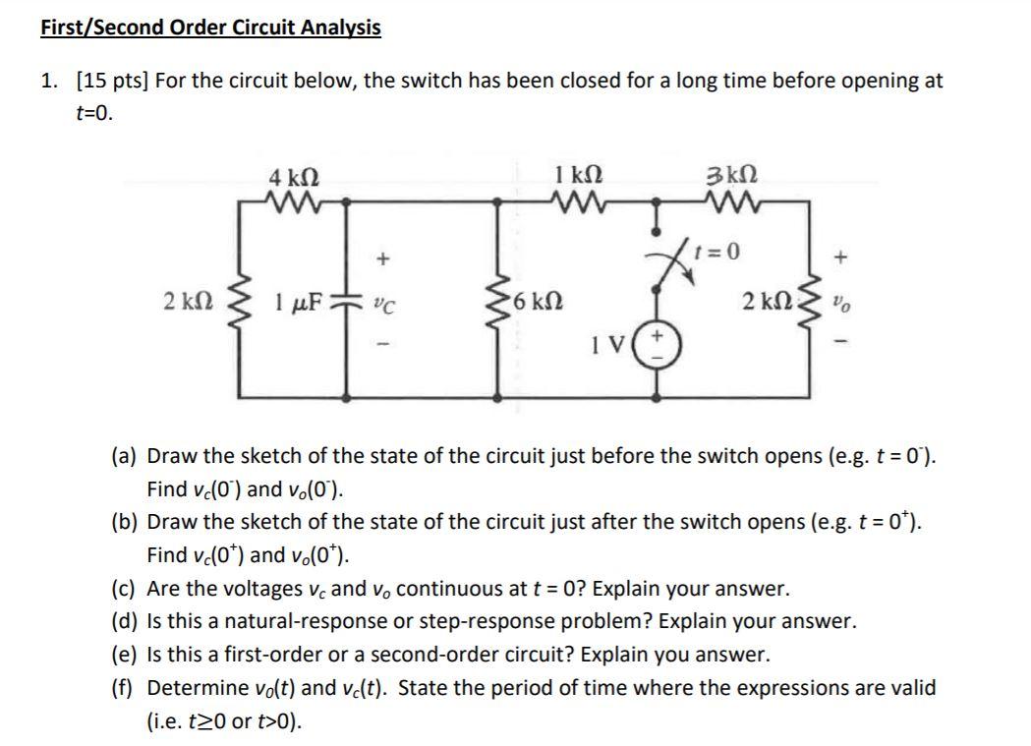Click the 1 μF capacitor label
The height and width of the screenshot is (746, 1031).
tap(297, 298)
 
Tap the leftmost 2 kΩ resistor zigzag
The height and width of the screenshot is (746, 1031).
tap(232, 297)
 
